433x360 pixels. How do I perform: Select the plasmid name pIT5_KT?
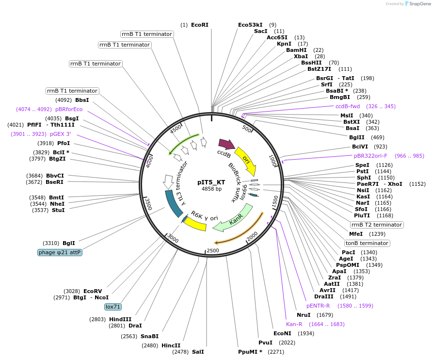211,182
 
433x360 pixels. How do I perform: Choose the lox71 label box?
113,307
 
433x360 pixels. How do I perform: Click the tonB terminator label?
367,243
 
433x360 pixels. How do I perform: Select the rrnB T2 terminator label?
376,225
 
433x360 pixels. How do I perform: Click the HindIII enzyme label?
120,319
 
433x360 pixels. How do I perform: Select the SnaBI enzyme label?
149,336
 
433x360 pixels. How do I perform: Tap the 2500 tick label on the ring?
213,250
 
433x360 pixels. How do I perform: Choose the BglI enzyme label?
69,243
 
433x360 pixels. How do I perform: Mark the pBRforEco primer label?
69,110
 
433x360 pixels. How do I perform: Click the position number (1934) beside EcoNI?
306,333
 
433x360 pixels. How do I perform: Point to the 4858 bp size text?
211,189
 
